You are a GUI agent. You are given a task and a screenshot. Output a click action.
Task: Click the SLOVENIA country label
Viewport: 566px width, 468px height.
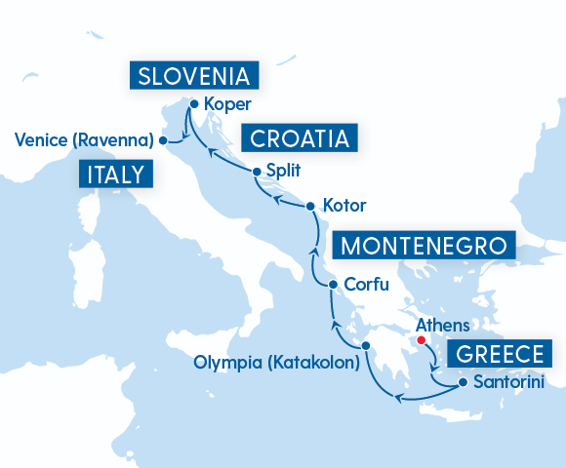[x=194, y=76]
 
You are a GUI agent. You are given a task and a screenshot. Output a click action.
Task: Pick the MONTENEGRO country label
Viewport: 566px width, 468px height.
[x=424, y=245]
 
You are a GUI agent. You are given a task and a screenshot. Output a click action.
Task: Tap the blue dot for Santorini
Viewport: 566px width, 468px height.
[x=463, y=383]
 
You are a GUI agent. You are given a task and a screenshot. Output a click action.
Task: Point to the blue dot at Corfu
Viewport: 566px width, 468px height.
[x=334, y=285]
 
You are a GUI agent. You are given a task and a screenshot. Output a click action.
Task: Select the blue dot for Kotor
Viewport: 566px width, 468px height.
[x=310, y=207]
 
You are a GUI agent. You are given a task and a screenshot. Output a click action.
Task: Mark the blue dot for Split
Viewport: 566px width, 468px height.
[x=257, y=172]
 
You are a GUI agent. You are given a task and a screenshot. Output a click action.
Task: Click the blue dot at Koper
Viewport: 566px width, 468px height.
[x=194, y=104]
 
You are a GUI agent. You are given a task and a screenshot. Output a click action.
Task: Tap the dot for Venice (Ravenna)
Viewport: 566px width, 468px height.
[x=163, y=140]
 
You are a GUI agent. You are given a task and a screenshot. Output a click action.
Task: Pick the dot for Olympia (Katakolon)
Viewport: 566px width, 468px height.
[x=365, y=346]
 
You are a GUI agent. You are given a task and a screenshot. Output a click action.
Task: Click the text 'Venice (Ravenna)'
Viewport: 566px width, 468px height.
[x=85, y=140]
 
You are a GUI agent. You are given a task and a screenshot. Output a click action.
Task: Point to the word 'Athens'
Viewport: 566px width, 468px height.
[x=443, y=326]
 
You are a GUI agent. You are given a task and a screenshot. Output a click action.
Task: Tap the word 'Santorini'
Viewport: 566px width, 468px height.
[x=507, y=383]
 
